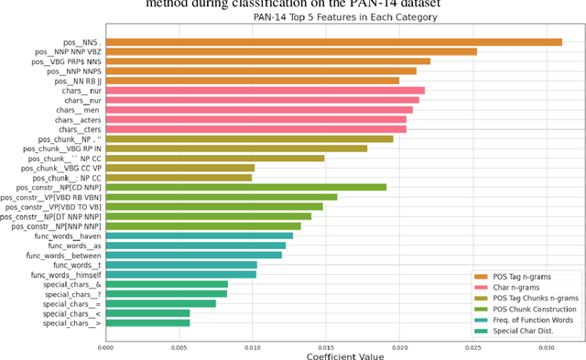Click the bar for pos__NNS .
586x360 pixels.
coord(333,41)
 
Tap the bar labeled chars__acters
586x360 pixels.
coord(255,119)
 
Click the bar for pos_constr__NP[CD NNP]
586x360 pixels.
coord(245,187)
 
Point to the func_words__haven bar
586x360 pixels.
coord(199,235)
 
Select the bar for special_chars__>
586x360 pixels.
coord(147,322)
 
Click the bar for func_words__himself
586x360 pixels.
coord(180,274)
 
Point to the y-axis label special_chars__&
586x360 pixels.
coord(72,284)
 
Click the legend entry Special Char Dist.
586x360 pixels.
coord(526,330)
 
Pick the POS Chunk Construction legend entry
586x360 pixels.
coord(536,308)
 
